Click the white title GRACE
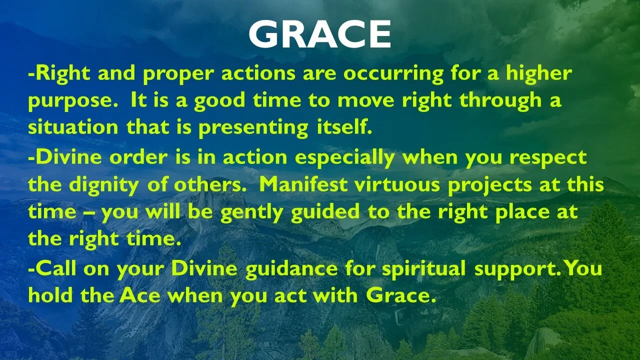319,34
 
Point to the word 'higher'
539,73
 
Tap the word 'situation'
73,127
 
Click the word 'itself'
344,126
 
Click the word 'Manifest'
303,184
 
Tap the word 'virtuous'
397,184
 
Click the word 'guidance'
291,269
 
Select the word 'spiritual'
423,269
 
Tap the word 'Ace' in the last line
139,295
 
